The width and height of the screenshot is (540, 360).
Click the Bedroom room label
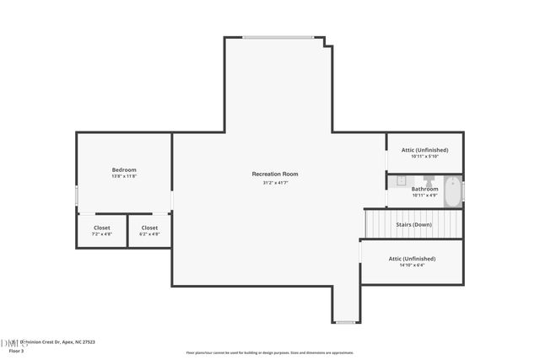pyautogui.click(x=124, y=169)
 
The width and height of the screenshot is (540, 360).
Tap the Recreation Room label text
pyautogui.click(x=274, y=174)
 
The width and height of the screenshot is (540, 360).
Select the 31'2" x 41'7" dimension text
pyautogui.click(x=274, y=183)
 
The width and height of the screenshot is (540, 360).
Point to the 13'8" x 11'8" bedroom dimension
pyautogui.click(x=124, y=176)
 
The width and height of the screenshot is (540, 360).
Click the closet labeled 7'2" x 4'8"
pyautogui.click(x=101, y=230)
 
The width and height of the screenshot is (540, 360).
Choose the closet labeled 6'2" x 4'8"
pyautogui.click(x=149, y=230)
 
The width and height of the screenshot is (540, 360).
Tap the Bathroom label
pyautogui.click(x=424, y=189)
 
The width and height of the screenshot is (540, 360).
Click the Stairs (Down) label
pyautogui.click(x=413, y=224)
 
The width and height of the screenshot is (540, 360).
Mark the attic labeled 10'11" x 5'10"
pyautogui.click(x=424, y=153)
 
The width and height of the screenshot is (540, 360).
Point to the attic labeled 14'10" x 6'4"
pyautogui.click(x=412, y=261)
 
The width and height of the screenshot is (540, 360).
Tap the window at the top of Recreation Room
pyautogui.click(x=278, y=37)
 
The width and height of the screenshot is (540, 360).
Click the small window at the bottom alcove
pyautogui.click(x=345, y=322)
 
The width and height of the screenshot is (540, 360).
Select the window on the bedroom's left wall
pyautogui.click(x=77, y=196)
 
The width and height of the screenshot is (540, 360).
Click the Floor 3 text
pyautogui.click(x=16, y=350)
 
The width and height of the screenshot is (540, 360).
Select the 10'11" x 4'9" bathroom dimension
pyautogui.click(x=424, y=196)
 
